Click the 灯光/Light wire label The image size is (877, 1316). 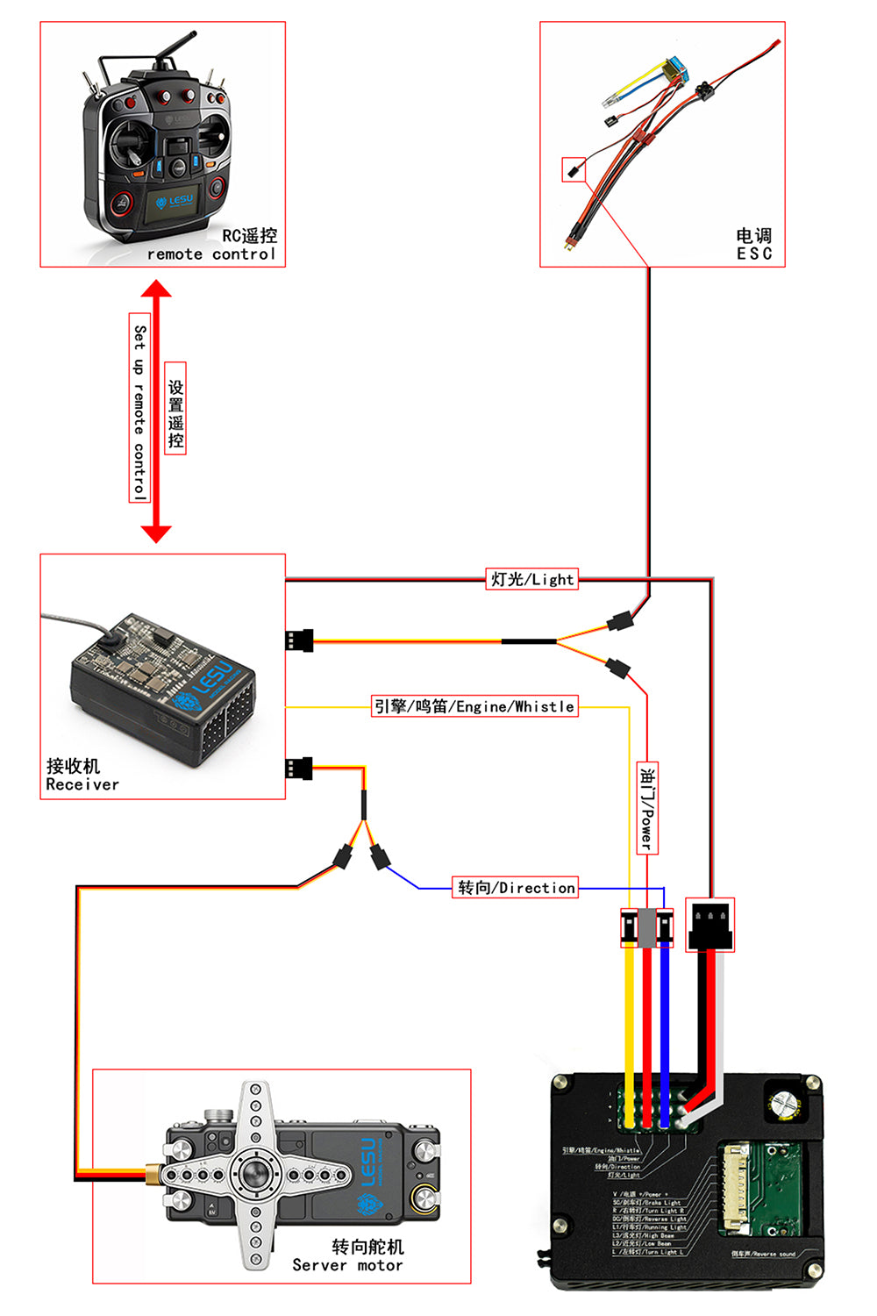pos(532,579)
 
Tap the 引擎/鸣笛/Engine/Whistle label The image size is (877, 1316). pos(474,706)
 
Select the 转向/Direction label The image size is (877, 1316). pos(517,888)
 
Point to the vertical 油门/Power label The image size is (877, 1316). pos(647,807)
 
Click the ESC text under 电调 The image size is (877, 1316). pos(754,254)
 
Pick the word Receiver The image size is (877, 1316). pos(82,784)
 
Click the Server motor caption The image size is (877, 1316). pos(347,1265)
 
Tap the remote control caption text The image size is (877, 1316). pos(210,254)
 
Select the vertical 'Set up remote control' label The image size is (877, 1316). pos(139,408)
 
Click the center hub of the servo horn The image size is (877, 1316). pos(255,1172)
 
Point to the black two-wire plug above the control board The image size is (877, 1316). pos(709,925)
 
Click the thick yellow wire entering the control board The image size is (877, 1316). pos(629,1018)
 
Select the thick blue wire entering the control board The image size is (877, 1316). pos(664,1018)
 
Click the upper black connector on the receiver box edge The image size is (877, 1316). pos(299,640)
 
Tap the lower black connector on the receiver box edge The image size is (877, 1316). pos(299,769)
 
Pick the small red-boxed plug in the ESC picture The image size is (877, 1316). pos(574,169)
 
